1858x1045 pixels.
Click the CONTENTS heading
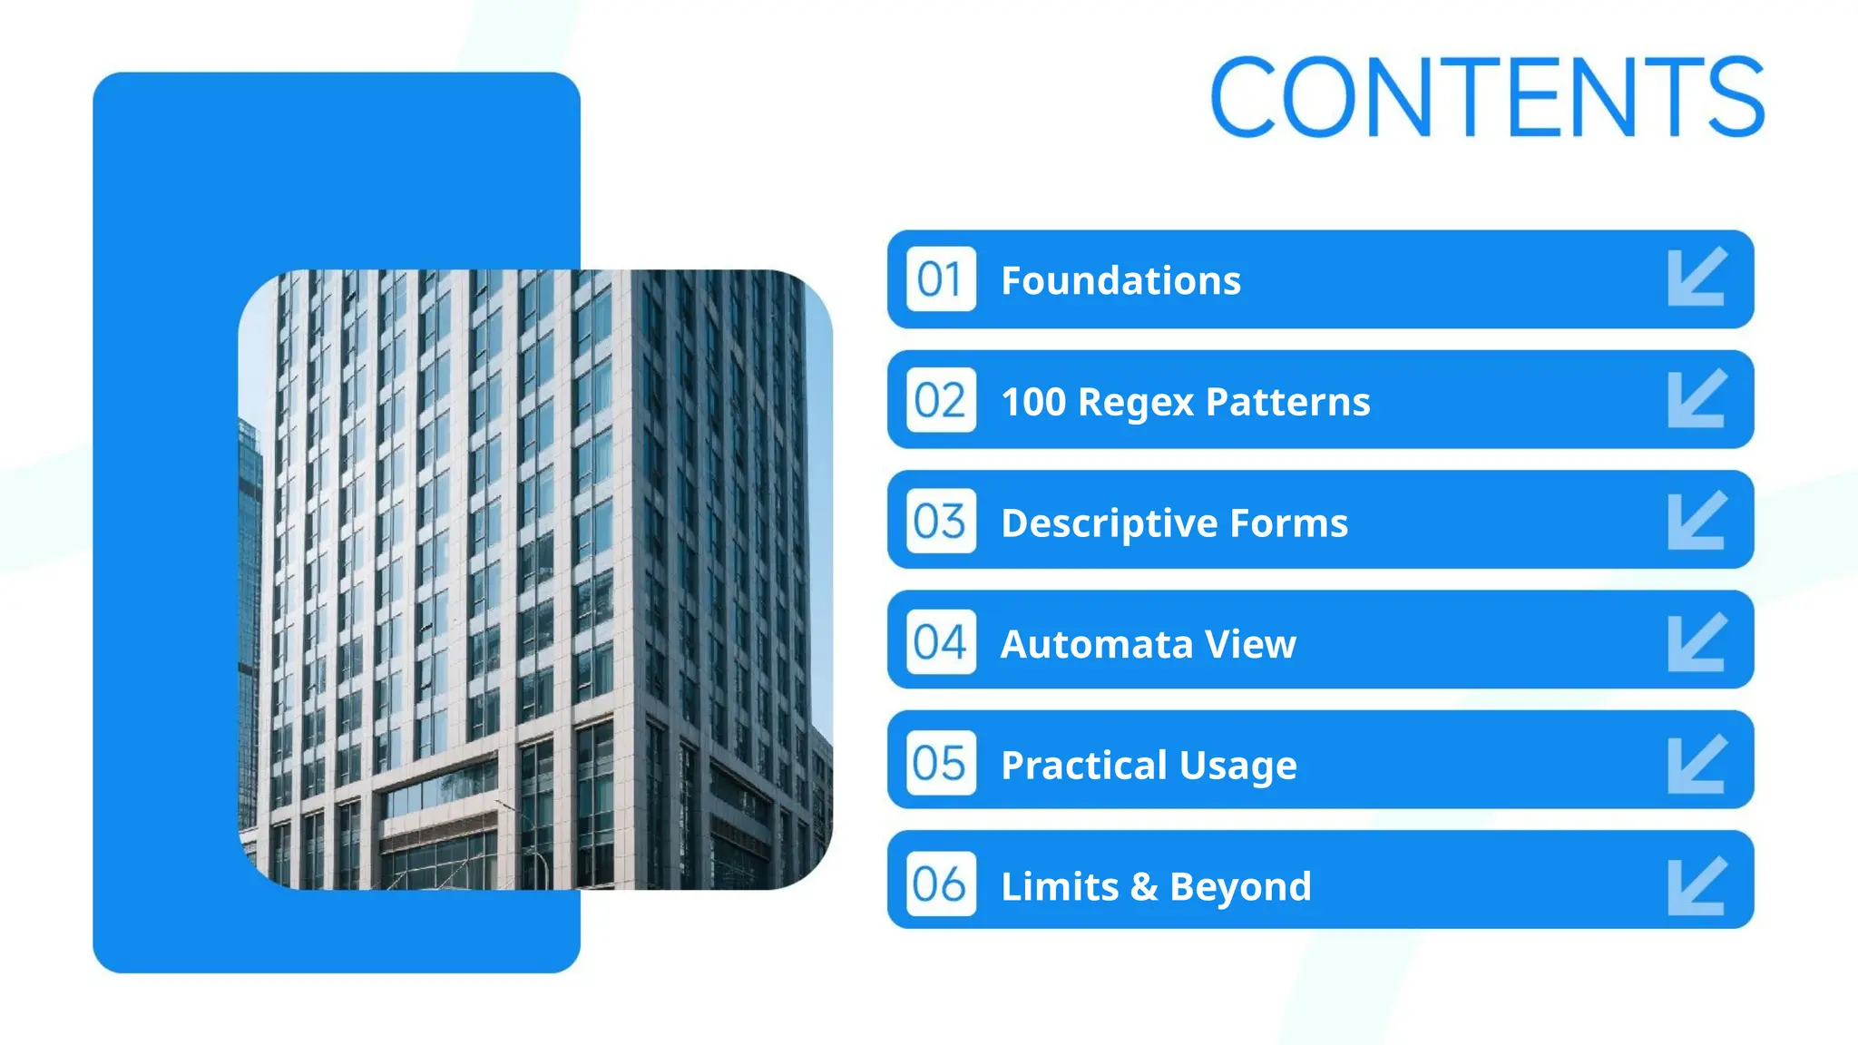[x=1488, y=96]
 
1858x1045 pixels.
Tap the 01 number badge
[x=941, y=279]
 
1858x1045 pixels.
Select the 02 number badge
[x=941, y=400]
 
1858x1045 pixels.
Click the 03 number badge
[x=941, y=521]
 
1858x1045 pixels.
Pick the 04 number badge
[x=941, y=641]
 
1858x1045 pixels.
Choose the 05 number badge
[x=941, y=763]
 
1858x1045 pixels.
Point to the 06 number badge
[x=941, y=884]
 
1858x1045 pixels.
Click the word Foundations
[x=1120, y=280]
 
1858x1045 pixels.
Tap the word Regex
[x=1136, y=402]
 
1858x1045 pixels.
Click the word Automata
[x=1096, y=644]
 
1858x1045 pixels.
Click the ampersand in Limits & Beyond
[x=1144, y=886]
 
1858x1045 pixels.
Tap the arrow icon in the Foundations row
[x=1697, y=277]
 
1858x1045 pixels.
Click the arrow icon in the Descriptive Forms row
[x=1697, y=520]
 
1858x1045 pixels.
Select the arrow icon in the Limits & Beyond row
[x=1697, y=886]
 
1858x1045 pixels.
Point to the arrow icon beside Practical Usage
[x=1697, y=765]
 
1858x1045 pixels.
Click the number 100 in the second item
[x=1033, y=402]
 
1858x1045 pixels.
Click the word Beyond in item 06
[x=1240, y=886]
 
